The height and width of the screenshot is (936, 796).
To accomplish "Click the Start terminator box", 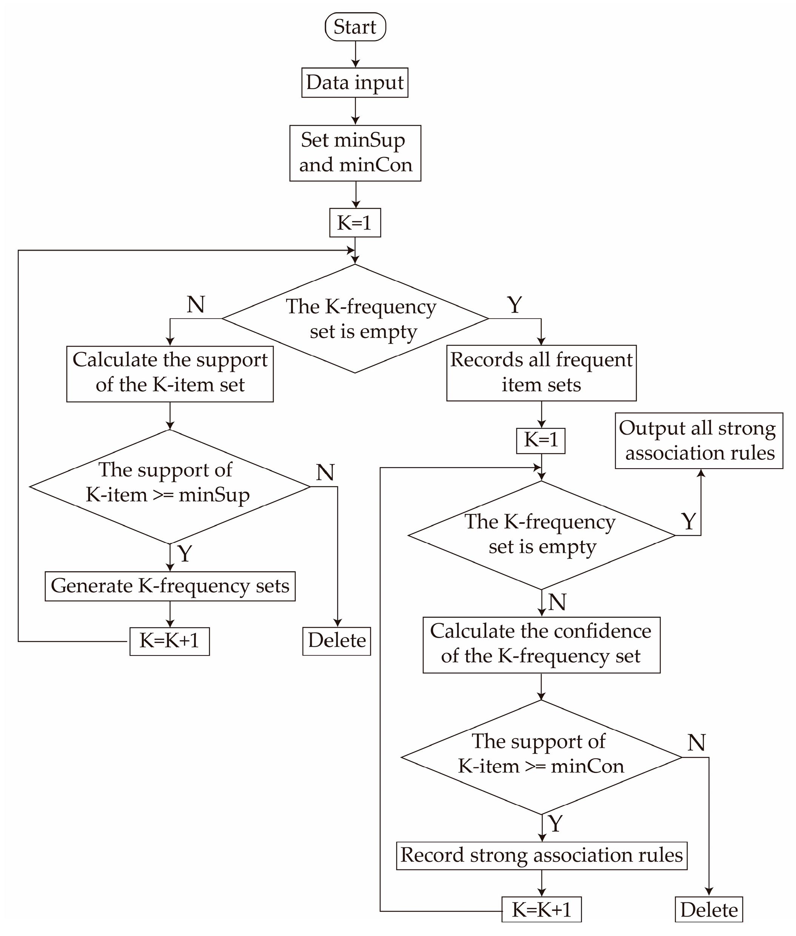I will (x=355, y=27).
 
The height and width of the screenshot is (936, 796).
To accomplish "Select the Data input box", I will (x=355, y=83).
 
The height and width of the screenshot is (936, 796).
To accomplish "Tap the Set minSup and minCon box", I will (x=355, y=153).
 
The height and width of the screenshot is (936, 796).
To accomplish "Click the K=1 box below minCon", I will (x=355, y=222).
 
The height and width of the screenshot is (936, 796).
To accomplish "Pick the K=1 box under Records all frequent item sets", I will (x=540, y=440).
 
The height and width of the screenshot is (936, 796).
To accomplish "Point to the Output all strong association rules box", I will (x=699, y=441).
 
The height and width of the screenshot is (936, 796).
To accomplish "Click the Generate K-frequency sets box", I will (x=170, y=586).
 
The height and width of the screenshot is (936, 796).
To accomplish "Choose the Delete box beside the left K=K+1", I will (x=336, y=641).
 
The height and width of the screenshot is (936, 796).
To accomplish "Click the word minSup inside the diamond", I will (x=214, y=495).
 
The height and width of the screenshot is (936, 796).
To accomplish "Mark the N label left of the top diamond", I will (x=196, y=305).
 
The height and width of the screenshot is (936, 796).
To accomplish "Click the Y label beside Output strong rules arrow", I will (x=688, y=522).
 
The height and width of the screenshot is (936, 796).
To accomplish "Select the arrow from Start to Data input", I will (x=356, y=54).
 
